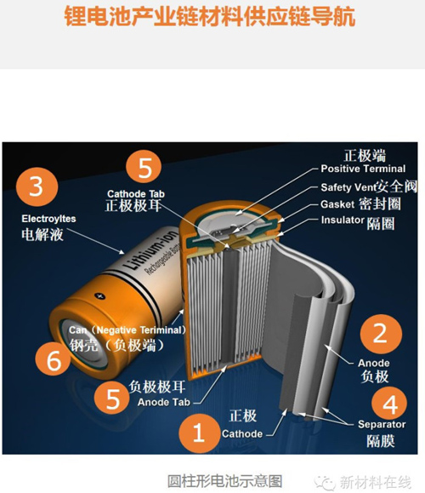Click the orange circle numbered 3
pos(37,186)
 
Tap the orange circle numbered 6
pos(53,359)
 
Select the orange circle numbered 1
pos(199,433)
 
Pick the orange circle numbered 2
pos(381,334)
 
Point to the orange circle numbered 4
pos(389,404)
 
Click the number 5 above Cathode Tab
pos(144,167)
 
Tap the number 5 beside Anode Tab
pos(111,398)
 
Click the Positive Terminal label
pos(363,169)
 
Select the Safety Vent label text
pos(348,187)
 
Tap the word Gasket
pos(337,204)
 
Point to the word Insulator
pos(343,220)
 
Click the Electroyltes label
pos(48,219)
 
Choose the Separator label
pos(382,424)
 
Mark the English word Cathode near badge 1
pos(242,434)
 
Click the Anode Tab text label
pos(164,402)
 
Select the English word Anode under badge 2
pos(374,363)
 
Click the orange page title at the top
pos(210,16)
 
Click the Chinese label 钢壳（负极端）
pos(117,345)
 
